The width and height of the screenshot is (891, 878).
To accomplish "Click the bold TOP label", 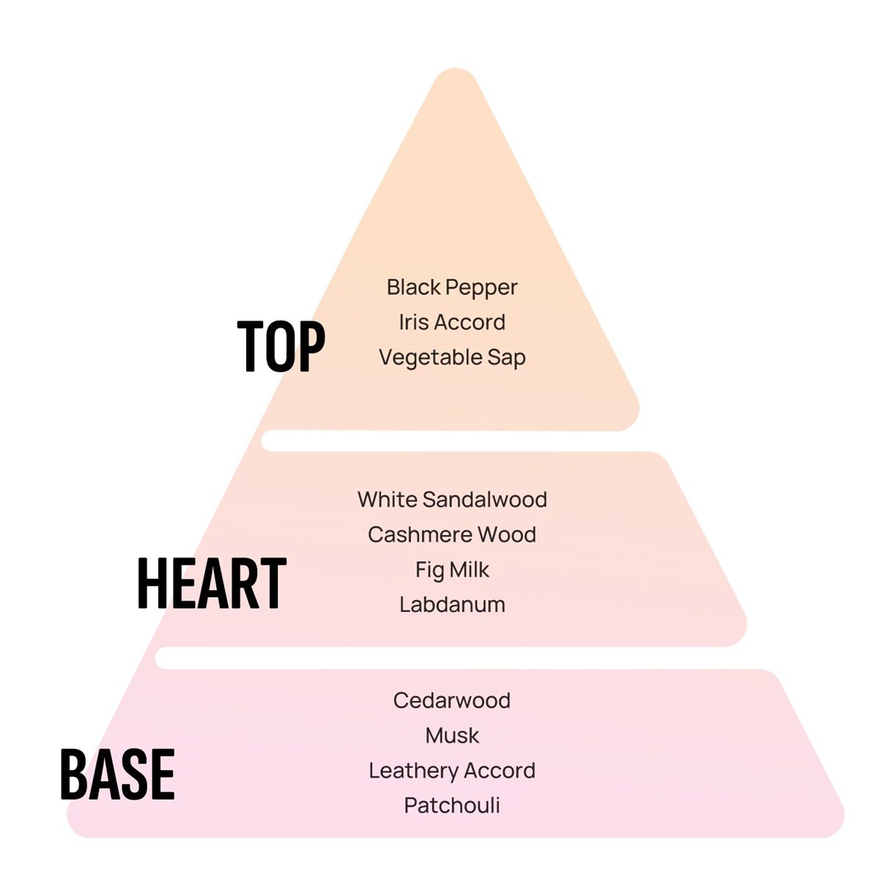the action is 281,346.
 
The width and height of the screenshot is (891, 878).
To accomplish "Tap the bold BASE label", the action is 117,775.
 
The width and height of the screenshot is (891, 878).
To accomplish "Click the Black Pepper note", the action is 452,288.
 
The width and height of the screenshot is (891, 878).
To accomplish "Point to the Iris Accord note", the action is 452,322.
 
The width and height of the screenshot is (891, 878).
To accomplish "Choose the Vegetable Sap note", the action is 452,358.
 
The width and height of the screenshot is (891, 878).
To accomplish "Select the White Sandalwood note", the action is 452,500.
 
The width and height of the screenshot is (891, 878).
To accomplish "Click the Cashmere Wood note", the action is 452,535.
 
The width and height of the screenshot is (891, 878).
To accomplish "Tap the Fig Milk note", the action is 452,570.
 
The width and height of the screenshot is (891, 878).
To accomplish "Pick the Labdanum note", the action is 452,605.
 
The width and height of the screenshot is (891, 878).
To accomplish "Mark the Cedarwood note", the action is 452,701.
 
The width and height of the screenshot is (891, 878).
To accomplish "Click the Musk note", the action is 452,736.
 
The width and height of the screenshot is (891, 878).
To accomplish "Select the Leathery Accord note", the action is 452,771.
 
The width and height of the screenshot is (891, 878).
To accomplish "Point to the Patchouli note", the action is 452,805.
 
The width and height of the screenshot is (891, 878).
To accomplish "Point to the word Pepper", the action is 481,288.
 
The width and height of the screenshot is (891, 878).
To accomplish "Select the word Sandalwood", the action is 484,500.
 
